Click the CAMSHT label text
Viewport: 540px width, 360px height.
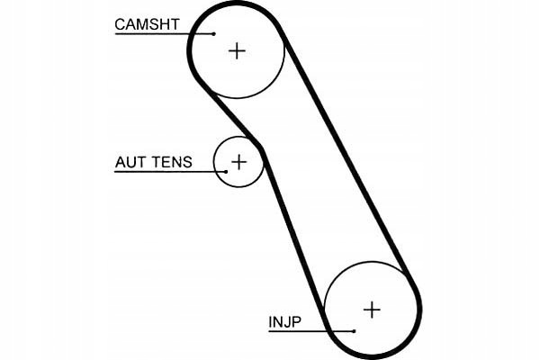[x=148, y=24]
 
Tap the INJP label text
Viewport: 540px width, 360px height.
[x=284, y=321]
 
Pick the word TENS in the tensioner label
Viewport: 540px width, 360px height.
[x=172, y=163]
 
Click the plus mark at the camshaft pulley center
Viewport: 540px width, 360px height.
[x=237, y=50]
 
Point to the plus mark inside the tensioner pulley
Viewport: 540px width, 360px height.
[x=238, y=162]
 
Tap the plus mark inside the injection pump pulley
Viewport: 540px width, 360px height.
[x=372, y=310]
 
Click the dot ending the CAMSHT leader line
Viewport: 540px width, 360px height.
[x=215, y=34]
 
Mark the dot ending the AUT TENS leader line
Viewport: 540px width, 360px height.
[x=225, y=171]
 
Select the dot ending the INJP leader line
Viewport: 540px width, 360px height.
[x=355, y=331]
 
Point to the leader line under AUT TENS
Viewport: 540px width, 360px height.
[x=166, y=171]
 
